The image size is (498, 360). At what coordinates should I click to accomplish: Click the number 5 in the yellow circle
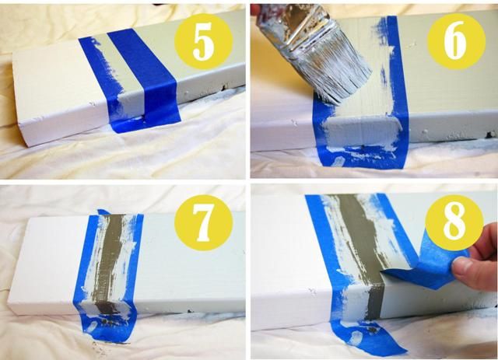click(x=203, y=41)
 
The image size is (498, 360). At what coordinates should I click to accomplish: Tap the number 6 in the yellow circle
click(x=456, y=41)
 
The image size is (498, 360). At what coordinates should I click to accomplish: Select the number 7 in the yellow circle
click(x=204, y=223)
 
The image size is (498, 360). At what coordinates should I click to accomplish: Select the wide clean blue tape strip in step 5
click(x=146, y=76)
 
